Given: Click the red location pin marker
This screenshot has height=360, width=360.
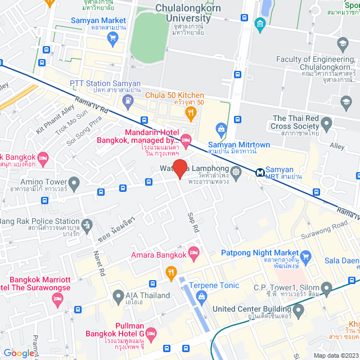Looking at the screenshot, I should (179, 169).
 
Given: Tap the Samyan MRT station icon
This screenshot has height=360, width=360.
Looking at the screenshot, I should (260, 173).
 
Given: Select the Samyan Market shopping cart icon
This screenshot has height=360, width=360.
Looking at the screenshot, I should (112, 38).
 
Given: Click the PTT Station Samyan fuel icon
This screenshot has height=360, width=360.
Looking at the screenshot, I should (128, 101).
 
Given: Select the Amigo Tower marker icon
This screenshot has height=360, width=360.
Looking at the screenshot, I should (73, 183).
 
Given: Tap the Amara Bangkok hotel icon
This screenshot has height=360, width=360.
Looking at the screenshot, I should (194, 251).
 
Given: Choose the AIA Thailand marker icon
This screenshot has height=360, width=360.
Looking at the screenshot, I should (118, 295).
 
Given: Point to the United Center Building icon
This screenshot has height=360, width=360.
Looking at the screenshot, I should (298, 309).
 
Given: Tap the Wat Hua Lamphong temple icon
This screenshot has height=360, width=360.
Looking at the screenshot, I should (236, 172).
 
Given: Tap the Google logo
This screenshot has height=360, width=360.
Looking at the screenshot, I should (18, 353).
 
